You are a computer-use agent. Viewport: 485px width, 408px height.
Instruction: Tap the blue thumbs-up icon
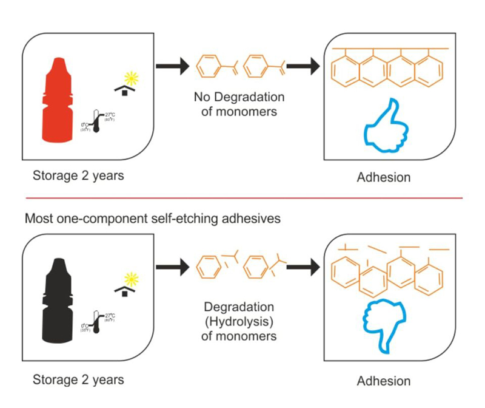386,129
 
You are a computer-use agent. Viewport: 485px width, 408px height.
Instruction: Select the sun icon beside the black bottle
130,278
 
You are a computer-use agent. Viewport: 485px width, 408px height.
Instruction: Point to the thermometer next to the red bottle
96,121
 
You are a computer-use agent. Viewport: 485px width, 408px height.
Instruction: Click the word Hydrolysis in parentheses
239,322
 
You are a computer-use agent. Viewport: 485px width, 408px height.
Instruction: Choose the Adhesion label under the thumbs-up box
383,178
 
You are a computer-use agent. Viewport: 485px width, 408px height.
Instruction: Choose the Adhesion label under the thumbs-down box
383,381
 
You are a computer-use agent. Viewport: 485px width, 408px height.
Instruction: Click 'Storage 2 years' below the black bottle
79,380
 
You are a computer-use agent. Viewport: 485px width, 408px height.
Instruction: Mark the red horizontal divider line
242,198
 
